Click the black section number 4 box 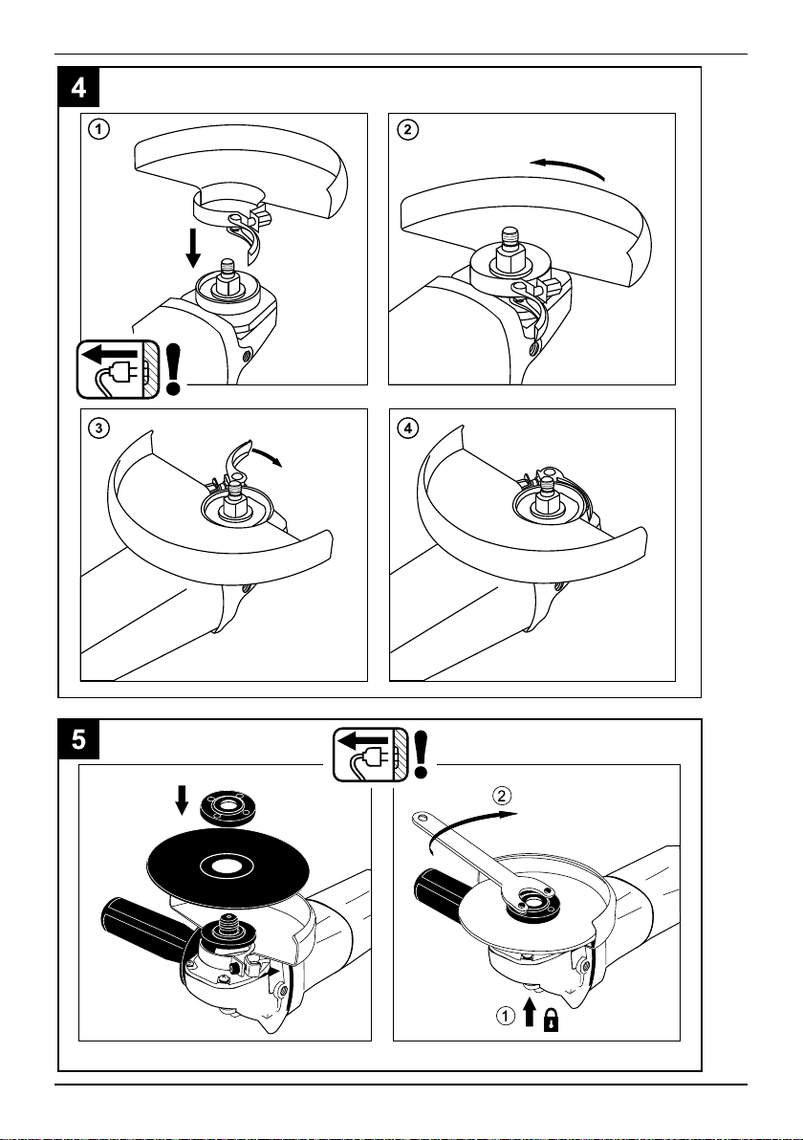click(78, 87)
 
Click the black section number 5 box click(78, 739)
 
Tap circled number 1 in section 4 click(98, 130)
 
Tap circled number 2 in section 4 click(408, 130)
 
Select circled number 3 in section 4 click(98, 428)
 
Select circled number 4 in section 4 click(408, 428)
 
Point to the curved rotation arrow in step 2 click(568, 166)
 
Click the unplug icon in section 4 click(118, 369)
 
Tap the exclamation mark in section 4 click(173, 369)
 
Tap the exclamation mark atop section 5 click(423, 753)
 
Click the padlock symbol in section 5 click(553, 1020)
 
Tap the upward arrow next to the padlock click(530, 1011)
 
